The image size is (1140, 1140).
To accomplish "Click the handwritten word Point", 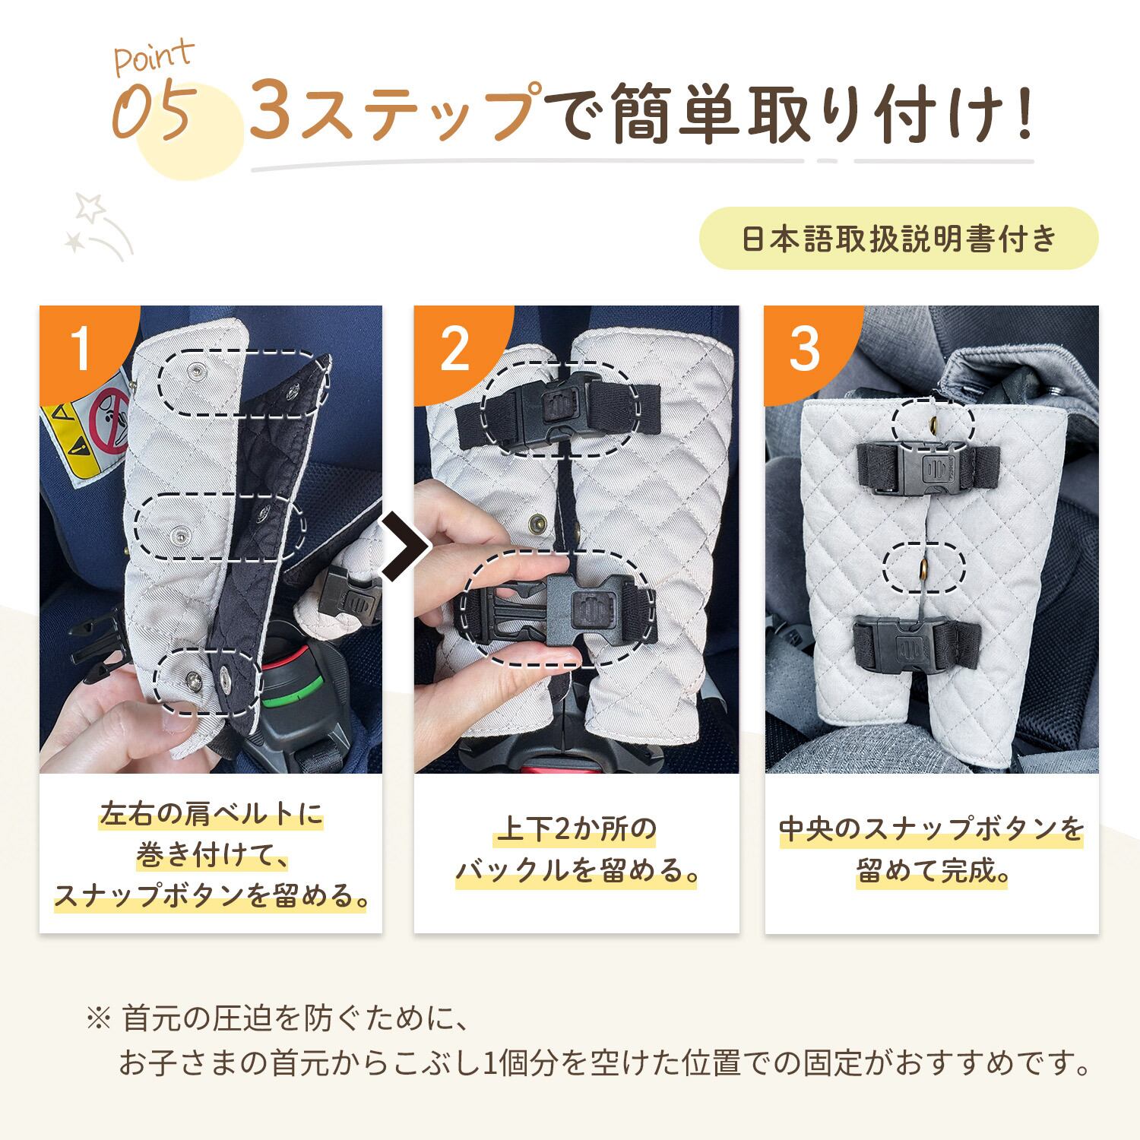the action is pyautogui.click(x=154, y=58).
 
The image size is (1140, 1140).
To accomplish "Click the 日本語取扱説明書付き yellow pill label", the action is pyautogui.click(x=898, y=239).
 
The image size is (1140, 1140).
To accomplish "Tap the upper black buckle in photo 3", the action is pyautogui.click(x=928, y=466).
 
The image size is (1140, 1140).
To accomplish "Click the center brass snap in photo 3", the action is pyautogui.click(x=924, y=566).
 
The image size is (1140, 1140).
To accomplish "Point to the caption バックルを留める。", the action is pyautogui.click(x=577, y=871).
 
